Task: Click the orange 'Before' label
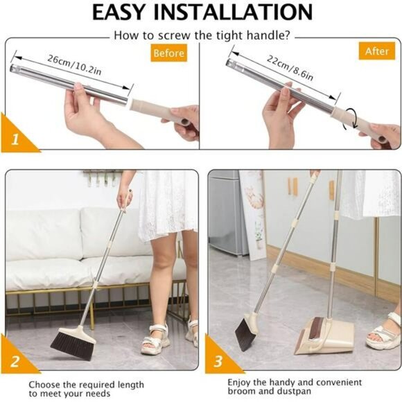(x=168, y=53)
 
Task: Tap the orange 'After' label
(x=377, y=51)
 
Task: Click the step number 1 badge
(x=14, y=139)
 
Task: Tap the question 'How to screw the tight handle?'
(x=201, y=35)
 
